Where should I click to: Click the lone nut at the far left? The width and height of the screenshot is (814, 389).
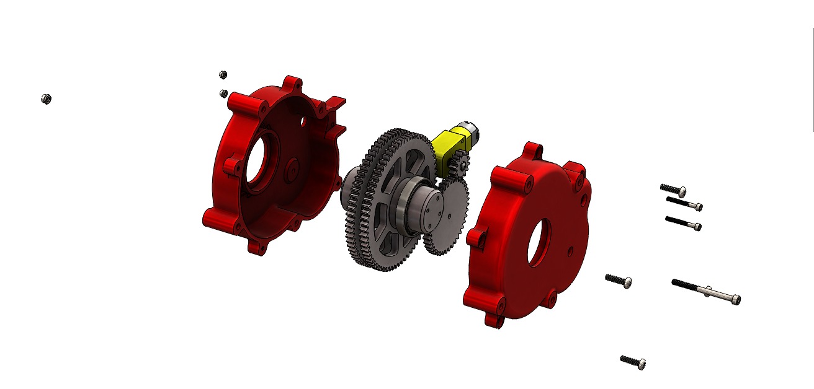point(45,99)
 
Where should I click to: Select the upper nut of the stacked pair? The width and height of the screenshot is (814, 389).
point(223,75)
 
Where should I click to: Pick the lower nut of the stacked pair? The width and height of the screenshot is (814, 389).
point(224,94)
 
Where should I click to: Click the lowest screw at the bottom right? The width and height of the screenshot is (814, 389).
point(633,361)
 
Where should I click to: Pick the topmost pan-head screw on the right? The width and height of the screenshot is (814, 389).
point(673,189)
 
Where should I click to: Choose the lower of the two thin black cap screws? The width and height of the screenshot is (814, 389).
point(684,222)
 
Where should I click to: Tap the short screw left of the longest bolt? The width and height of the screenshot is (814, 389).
point(619,280)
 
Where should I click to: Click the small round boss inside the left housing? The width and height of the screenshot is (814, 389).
point(292,166)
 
